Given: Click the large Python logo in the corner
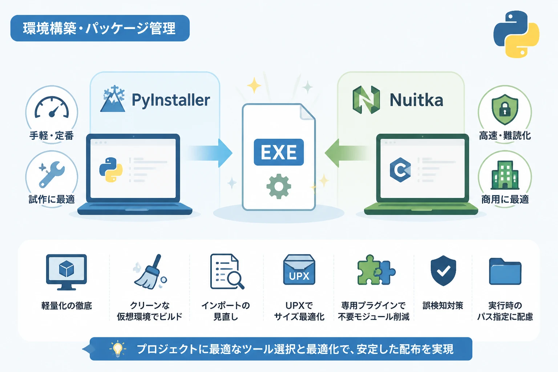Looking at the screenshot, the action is click(x=516, y=34).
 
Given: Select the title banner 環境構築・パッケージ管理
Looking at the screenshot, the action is click(x=100, y=28).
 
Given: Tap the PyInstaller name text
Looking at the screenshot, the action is click(x=171, y=100).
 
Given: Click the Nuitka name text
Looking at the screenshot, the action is click(x=416, y=100).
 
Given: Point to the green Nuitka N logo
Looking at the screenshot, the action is click(x=366, y=100).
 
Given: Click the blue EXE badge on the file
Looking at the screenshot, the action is click(x=279, y=152).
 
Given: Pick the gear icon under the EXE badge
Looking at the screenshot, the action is click(x=279, y=186).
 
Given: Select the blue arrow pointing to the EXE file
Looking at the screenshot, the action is click(x=210, y=153).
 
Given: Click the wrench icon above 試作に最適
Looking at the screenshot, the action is click(x=52, y=174).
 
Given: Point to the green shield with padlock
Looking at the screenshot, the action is click(x=505, y=109).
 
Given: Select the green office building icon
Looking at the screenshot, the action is click(x=505, y=175).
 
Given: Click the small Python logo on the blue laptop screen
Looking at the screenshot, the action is click(x=111, y=170).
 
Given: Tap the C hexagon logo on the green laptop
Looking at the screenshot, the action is click(x=400, y=170).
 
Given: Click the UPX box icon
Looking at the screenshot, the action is click(x=299, y=270).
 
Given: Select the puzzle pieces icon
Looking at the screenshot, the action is click(x=376, y=270).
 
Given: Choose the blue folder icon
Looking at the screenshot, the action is click(x=505, y=271).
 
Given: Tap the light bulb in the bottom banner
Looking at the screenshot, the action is click(x=118, y=349).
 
